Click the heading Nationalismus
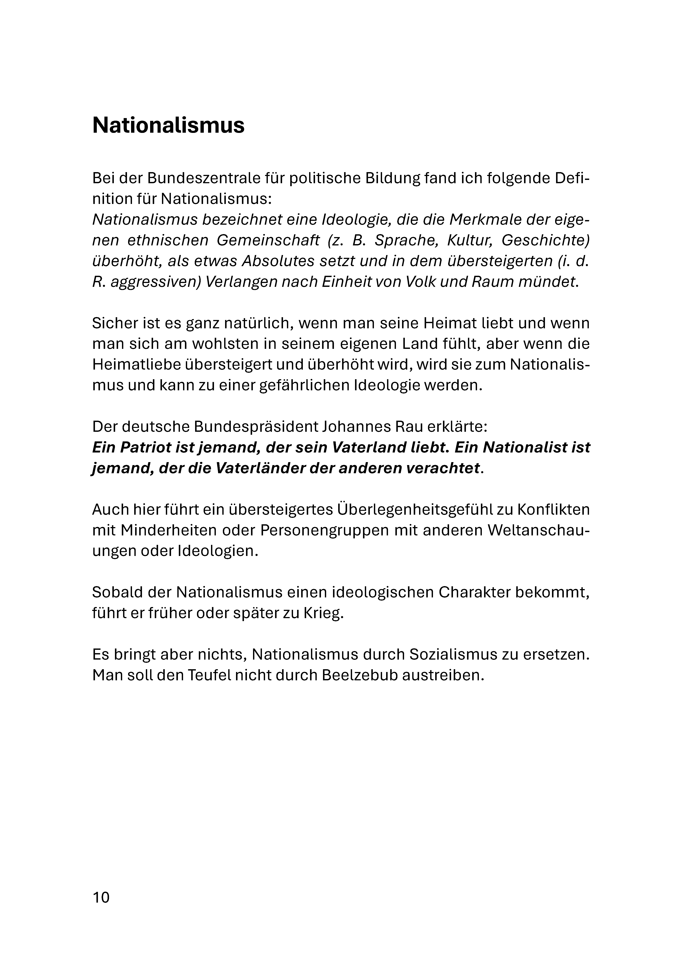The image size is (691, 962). click(168, 125)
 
